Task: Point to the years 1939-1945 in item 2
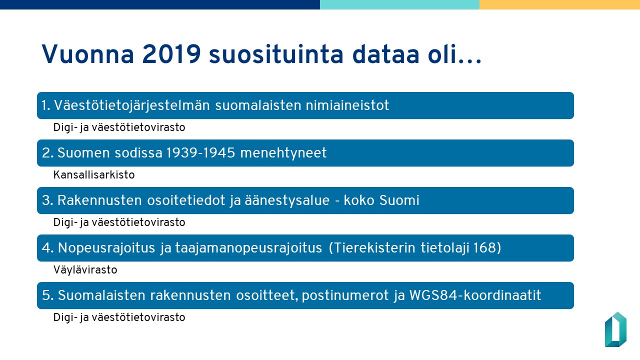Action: click(x=199, y=153)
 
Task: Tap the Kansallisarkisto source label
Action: click(x=94, y=175)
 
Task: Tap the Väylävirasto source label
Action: click(x=85, y=270)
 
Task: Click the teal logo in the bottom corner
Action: click(x=615, y=329)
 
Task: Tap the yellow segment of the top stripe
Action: click(x=559, y=4)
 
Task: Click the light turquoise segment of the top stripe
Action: click(x=399, y=4)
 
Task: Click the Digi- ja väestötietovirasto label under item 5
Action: click(x=119, y=317)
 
